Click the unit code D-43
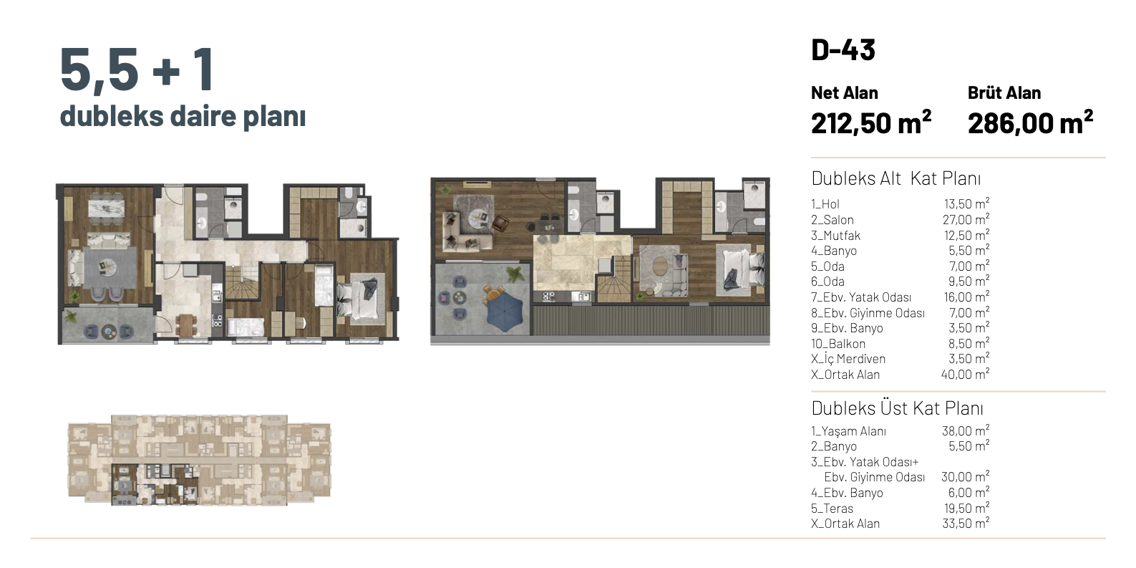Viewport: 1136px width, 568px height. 843,49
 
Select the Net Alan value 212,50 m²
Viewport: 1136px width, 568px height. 870,122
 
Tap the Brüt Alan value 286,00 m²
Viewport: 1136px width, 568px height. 1030,122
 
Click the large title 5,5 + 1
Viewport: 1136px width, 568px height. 137,69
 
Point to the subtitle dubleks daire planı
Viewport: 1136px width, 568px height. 183,116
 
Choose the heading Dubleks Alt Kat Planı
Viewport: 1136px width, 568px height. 895,178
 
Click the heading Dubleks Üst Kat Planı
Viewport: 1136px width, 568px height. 897,408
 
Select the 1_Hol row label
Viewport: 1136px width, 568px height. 825,204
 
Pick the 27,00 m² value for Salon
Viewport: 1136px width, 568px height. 966,219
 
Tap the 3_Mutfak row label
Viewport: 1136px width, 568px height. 835,236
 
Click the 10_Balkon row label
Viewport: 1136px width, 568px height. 838,344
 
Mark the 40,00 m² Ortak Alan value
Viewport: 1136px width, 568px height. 965,374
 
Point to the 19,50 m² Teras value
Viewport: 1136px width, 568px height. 966,508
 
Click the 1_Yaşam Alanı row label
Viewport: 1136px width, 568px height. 848,431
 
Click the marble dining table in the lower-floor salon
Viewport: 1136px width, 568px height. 106,208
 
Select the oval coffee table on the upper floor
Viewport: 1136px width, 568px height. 660,266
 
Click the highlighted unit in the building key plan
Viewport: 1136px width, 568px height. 155,484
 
